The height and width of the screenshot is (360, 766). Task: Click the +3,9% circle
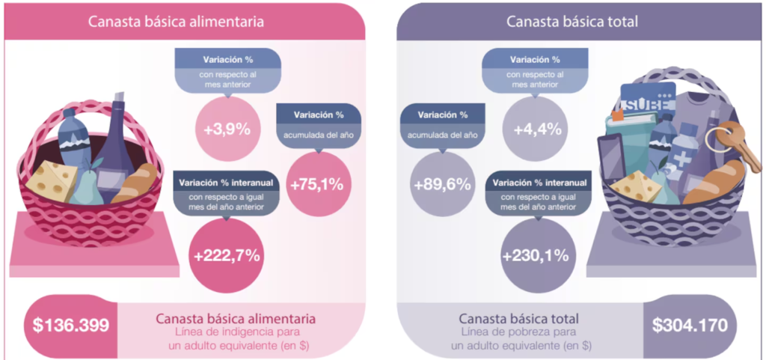coord(227,129)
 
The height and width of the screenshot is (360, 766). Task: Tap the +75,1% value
coord(318,184)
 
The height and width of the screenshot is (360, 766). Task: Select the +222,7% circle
coord(226,255)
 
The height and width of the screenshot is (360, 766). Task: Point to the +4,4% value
coord(535,129)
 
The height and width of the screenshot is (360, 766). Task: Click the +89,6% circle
coord(443,184)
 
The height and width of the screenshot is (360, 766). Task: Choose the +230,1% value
coord(535,255)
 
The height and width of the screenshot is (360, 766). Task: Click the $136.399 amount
coord(71,326)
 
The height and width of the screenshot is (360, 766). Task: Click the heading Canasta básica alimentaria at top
coord(176,22)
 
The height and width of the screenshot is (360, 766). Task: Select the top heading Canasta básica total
coord(572,22)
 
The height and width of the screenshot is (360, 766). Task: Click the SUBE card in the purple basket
coord(648,100)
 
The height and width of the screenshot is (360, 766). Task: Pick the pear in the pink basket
coord(87,187)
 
